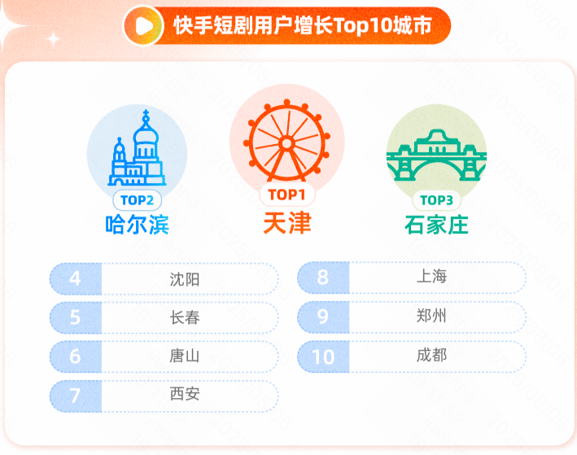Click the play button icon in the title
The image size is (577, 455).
pos(143,26)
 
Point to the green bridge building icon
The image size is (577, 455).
pos(436,155)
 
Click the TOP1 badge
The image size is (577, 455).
pos(287,195)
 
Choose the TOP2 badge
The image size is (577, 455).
pos(137,200)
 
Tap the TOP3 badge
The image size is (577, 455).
pos(436,200)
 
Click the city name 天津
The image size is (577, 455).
pos(287,223)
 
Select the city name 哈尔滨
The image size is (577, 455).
pos(138,225)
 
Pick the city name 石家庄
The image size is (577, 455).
pos(436,225)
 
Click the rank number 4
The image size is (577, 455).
pos(75,278)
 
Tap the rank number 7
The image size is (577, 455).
pos(75,396)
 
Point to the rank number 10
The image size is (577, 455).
pos(323,357)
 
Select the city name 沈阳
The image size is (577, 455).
pos(185,279)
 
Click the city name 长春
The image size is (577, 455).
pos(185,317)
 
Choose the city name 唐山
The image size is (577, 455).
pos(185,356)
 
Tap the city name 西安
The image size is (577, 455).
pos(185,394)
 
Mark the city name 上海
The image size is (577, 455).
pos(431,276)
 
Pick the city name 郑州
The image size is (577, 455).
pos(431,316)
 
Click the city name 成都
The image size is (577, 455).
pos(431,355)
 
